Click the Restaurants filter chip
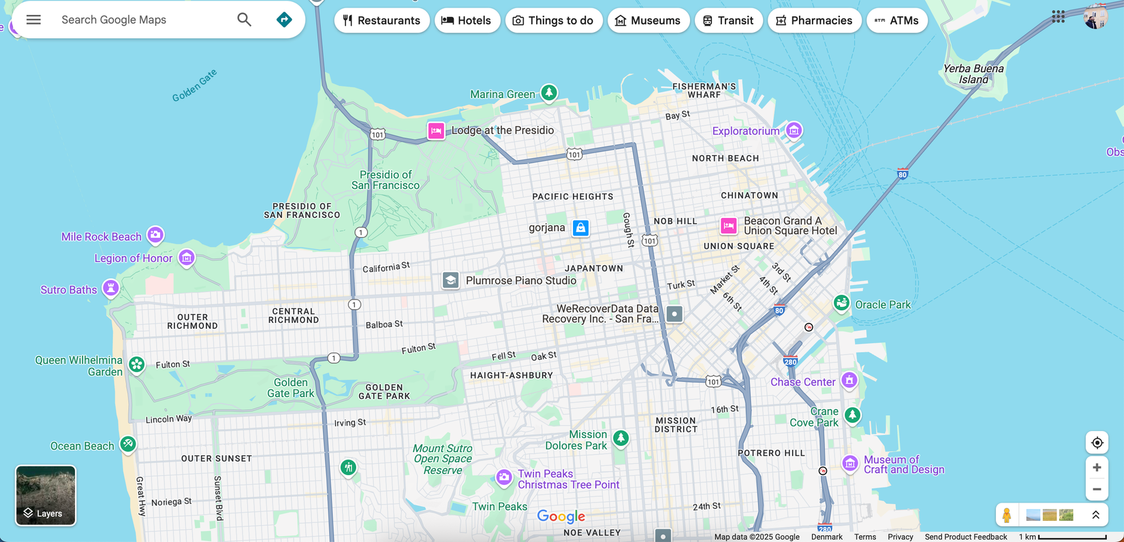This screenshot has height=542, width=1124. (381, 20)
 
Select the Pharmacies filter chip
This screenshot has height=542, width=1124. (814, 20)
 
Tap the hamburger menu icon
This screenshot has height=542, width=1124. (33, 20)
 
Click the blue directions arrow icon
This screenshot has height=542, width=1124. (284, 20)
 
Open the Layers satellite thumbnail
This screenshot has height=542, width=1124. (46, 495)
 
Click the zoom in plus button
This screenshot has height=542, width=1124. (1097, 468)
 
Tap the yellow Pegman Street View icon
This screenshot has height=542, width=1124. (1007, 515)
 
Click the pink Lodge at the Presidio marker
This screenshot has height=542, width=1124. (436, 131)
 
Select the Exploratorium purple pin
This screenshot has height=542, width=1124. (794, 129)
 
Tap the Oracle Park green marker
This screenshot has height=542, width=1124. (841, 303)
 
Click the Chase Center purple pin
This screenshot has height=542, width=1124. (849, 380)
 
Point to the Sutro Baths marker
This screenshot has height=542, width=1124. (110, 288)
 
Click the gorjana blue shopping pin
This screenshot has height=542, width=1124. (580, 228)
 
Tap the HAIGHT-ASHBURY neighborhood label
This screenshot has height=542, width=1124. (512, 375)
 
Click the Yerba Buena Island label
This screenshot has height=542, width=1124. (973, 74)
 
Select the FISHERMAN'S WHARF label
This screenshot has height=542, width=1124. (704, 90)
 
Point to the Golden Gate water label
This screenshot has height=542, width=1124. (194, 86)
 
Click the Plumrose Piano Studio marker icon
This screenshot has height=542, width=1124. (450, 281)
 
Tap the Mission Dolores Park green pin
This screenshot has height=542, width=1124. (621, 438)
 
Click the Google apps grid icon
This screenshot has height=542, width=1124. (1058, 17)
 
